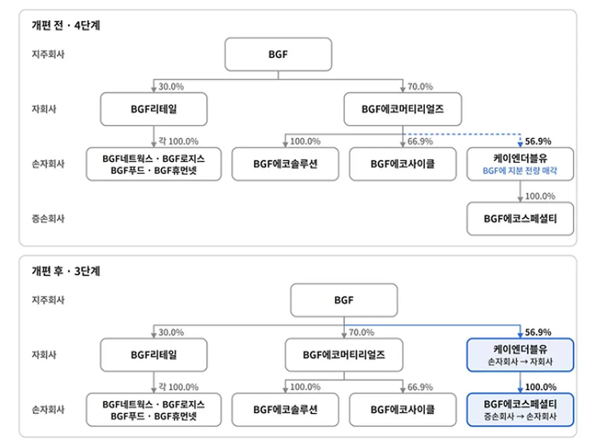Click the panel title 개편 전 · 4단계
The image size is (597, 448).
coord(66,25)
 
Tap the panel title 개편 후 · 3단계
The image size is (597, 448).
coord(66,271)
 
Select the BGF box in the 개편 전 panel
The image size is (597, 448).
coord(278,54)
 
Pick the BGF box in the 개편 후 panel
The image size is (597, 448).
coord(344,300)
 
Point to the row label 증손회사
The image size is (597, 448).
coord(48,219)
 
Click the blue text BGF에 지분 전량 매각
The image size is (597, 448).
coord(520,171)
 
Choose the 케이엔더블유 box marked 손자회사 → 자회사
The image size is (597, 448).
coord(520,355)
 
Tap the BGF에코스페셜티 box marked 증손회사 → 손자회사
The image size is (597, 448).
coord(520,410)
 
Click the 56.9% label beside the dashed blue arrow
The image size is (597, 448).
coord(538,142)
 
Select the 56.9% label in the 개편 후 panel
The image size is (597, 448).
coord(538,332)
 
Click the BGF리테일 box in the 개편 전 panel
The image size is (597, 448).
coord(154,109)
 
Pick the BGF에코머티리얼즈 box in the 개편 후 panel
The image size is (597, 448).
coord(344,355)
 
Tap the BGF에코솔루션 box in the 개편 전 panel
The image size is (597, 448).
coord(285,164)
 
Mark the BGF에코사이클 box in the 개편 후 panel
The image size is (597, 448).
coord(403,410)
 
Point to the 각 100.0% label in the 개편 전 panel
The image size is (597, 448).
coord(179,142)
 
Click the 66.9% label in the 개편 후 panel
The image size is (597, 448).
coord(420,387)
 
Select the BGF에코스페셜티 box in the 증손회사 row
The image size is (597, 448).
coord(520,219)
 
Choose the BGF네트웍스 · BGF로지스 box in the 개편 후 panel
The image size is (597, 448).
coord(154,410)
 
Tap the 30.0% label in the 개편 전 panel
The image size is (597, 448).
coord(171,87)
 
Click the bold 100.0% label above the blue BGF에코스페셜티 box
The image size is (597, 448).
coord(541,387)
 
